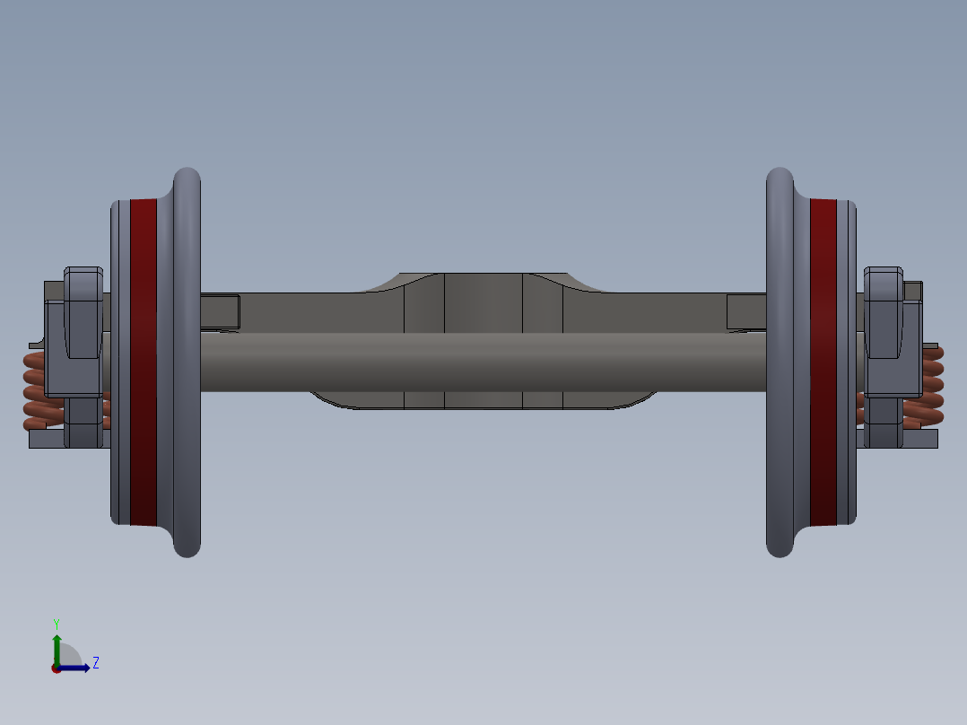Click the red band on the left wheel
coord(144,359)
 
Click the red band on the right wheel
coord(823,359)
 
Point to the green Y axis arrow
coord(57,644)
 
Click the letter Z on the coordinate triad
coord(95,663)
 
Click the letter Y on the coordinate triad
coord(57,623)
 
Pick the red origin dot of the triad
coord(57,668)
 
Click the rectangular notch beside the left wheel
coord(220,310)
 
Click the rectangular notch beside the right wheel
coord(746,310)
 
